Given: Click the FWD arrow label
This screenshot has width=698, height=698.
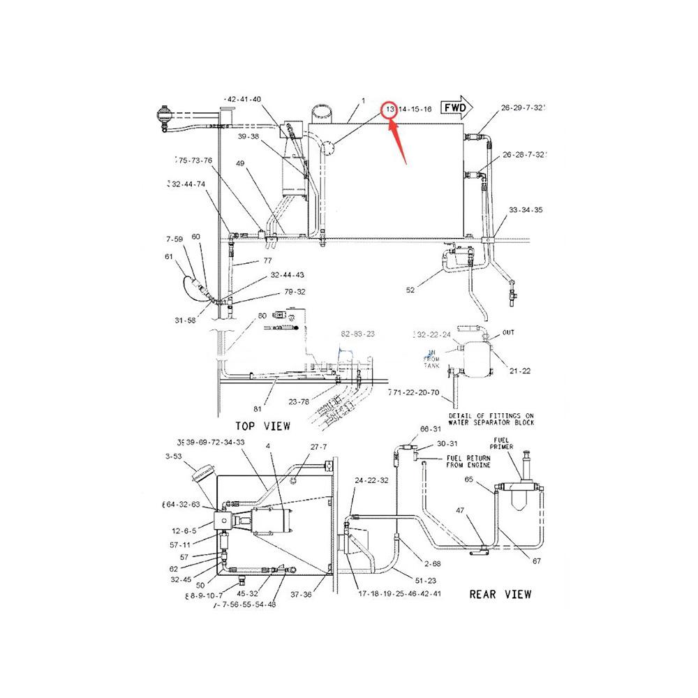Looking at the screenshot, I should (454, 108).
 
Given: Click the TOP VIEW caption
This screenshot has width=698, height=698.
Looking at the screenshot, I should (262, 425).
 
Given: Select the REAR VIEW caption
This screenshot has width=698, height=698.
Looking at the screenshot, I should (499, 594).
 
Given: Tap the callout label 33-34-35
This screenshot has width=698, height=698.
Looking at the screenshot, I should (526, 210).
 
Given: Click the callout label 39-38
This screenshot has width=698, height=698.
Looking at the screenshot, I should (248, 138).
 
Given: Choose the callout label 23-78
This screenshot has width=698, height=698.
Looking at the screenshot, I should (299, 401).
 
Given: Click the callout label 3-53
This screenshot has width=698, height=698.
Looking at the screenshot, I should (174, 456).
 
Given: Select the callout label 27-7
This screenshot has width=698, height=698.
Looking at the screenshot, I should (319, 447).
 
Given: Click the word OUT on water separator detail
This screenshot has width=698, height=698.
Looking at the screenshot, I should (508, 332).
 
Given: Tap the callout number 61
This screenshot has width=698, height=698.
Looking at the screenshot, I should (168, 256).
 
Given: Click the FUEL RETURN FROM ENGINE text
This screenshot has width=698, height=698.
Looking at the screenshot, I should (469, 461).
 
